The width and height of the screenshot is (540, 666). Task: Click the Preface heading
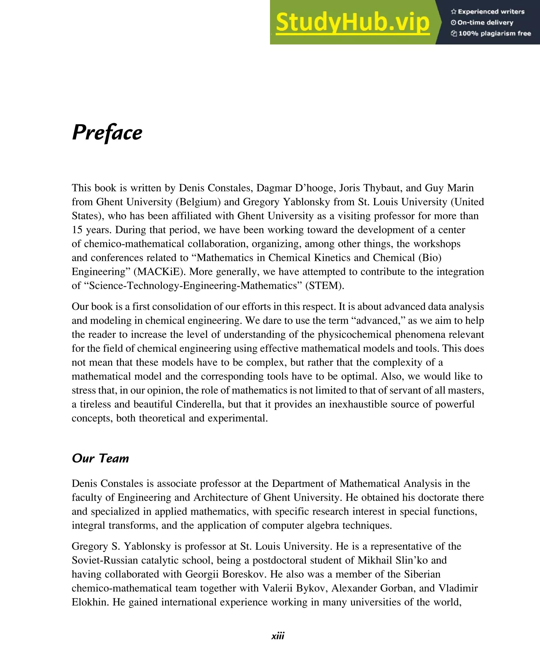click(x=107, y=133)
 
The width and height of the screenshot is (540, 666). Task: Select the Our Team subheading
click(x=100, y=458)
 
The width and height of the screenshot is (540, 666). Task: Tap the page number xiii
click(x=278, y=635)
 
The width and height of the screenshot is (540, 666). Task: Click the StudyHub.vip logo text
click(x=353, y=22)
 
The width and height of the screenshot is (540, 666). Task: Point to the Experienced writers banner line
click(x=488, y=12)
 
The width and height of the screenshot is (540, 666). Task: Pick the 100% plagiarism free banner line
click(x=491, y=33)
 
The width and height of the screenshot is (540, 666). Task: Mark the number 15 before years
click(x=77, y=230)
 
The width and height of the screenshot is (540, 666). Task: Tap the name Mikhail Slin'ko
click(x=393, y=560)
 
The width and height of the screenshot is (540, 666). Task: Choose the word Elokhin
click(x=90, y=602)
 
